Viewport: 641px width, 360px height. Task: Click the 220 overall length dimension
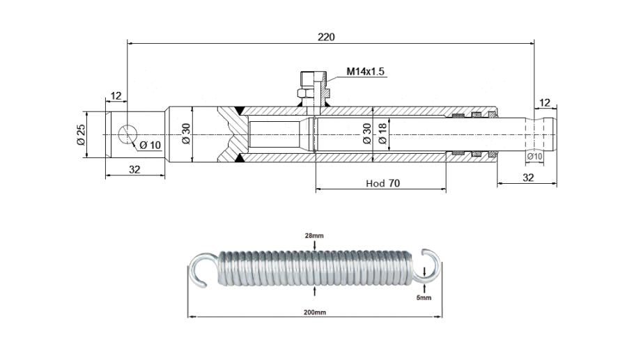[326, 37]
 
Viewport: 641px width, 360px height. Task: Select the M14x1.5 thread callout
[366, 72]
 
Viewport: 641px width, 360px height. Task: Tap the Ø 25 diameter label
[80, 134]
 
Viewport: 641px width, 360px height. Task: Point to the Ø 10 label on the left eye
[150, 145]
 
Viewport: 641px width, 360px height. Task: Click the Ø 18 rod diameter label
[383, 134]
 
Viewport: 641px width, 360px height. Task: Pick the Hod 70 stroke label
[383, 183]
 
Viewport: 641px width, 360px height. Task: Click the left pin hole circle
[128, 134]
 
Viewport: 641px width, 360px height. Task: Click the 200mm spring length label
[314, 313]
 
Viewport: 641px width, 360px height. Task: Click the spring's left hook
[201, 269]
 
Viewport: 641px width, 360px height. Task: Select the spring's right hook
[429, 265]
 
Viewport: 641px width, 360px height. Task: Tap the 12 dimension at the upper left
[116, 95]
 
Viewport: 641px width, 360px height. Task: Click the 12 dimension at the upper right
[545, 103]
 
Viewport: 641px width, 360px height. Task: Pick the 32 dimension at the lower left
[135, 169]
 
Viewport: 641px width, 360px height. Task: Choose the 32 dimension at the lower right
[527, 178]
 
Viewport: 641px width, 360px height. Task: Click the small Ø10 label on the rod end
[534, 157]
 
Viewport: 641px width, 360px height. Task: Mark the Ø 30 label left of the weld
[185, 134]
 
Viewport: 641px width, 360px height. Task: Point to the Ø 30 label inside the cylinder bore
[367, 134]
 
